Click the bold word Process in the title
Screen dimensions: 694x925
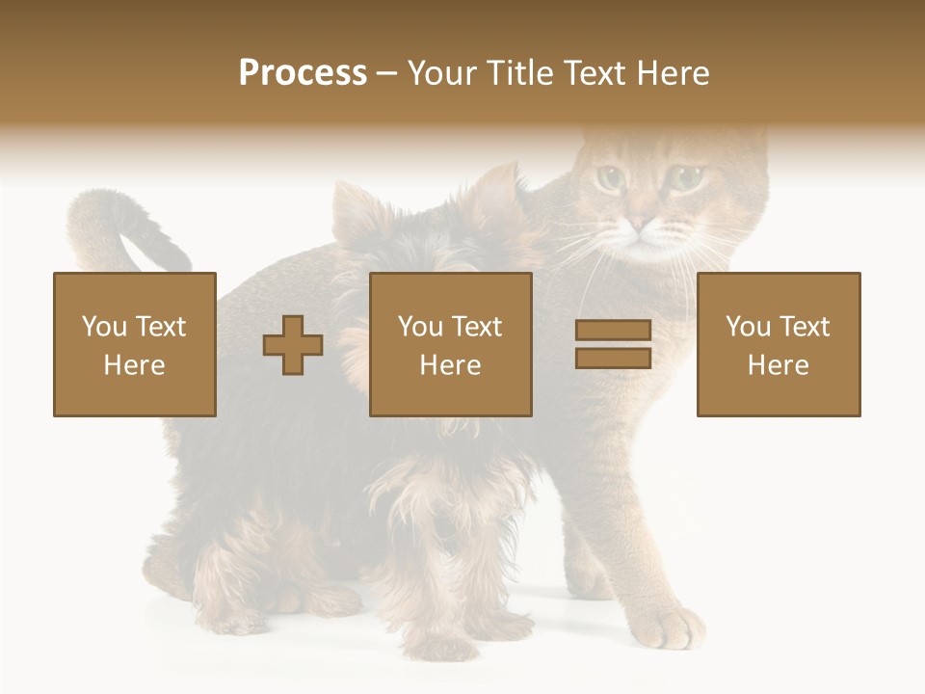tap(303, 73)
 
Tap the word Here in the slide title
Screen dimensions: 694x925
tap(672, 73)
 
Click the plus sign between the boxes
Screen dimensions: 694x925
tap(293, 345)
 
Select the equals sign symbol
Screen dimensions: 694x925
tap(613, 344)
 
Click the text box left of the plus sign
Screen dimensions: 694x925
tap(135, 344)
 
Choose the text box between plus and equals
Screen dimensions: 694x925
tap(450, 344)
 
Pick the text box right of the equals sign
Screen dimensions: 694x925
tap(778, 344)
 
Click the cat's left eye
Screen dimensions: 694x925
tap(609, 177)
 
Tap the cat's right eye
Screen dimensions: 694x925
tap(686, 177)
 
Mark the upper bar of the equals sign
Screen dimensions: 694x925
tap(613, 331)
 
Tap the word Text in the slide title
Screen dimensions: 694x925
tap(595, 73)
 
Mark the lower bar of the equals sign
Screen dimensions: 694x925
tap(613, 358)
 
